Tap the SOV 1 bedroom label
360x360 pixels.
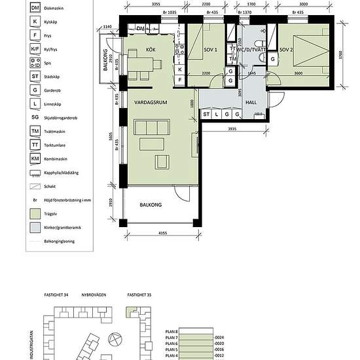click(210, 50)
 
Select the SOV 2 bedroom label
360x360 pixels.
click(286, 50)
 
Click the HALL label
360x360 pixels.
click(250, 103)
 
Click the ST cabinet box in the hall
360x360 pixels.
click(206, 115)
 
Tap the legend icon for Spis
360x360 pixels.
click(35, 62)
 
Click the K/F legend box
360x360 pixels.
click(35, 48)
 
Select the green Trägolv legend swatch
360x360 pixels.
click(35, 213)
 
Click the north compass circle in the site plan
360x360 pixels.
click(115, 339)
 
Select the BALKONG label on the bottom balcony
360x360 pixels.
click(151, 205)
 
